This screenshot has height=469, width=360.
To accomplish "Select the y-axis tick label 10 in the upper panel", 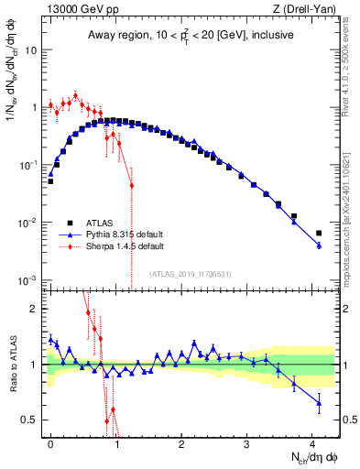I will (x=30, y=50).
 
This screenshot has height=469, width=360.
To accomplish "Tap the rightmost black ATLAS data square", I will (x=319, y=234).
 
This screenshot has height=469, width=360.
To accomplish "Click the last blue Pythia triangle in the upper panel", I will (x=319, y=245).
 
